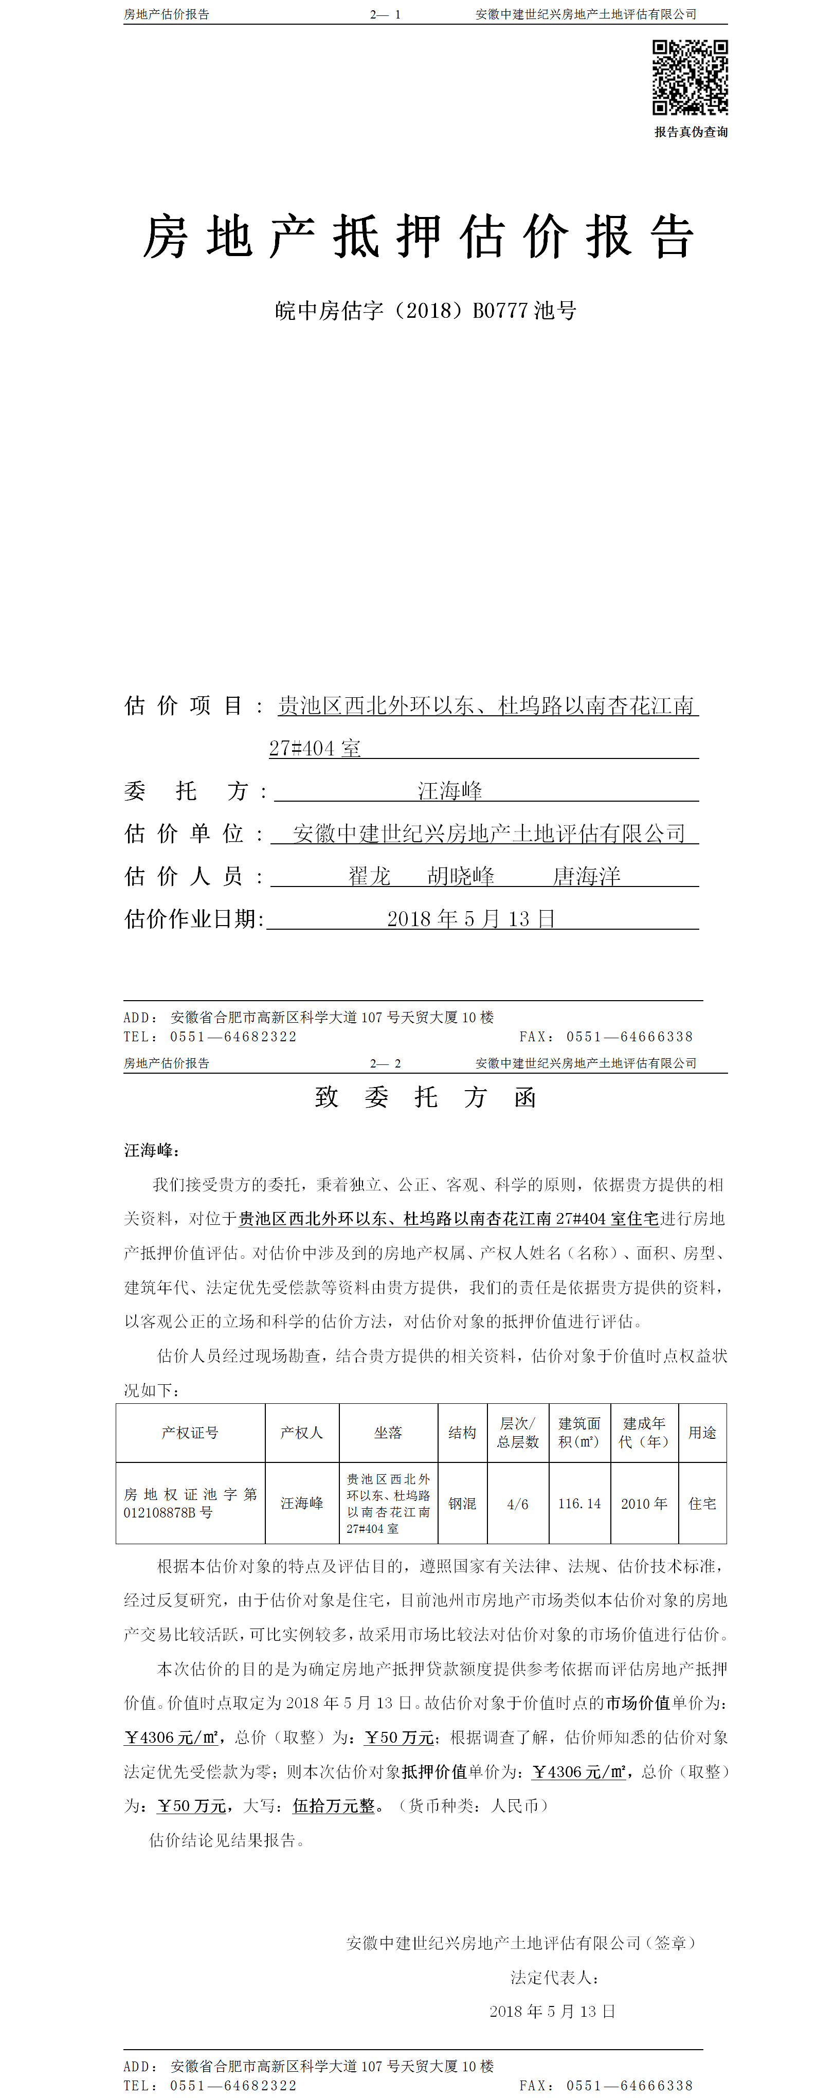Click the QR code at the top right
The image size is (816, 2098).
pos(690,77)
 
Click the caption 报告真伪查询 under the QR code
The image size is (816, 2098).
pos(691,132)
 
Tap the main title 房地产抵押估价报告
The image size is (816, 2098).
pos(419,237)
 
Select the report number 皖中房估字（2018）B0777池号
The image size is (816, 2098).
pos(425,310)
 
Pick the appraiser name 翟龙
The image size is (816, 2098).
pos(370,876)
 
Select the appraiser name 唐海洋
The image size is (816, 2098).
pos(586,876)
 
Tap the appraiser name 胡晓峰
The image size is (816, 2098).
pos(461,876)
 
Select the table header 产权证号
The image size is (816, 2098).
pos(190,1433)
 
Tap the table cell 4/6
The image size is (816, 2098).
pos(518,1504)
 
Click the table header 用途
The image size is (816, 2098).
pos(702,1433)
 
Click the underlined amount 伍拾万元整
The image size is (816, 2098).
pos(334,1805)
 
